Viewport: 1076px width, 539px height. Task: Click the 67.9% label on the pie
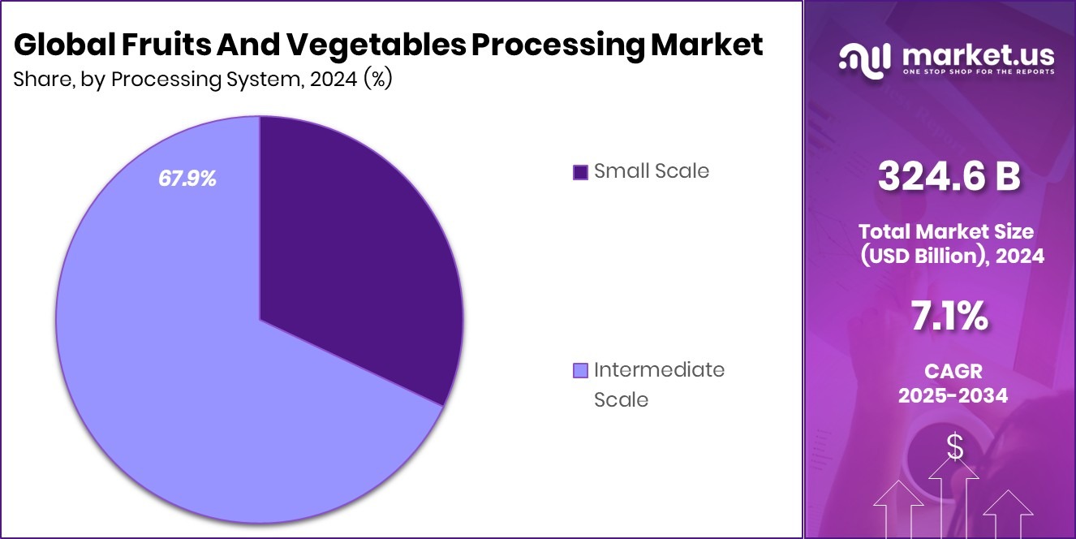[187, 179]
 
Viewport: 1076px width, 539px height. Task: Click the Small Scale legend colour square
[579, 172]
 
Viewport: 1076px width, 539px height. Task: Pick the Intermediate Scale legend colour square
[579, 371]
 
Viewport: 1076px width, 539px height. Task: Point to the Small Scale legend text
[651, 171]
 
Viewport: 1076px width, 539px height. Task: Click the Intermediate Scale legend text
[659, 384]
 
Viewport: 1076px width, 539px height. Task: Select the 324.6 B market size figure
[949, 177]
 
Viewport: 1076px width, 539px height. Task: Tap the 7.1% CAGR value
[949, 317]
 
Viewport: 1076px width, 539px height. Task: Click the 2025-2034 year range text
[953, 395]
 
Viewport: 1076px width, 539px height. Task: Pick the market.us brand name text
[977, 54]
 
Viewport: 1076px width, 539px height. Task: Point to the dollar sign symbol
[954, 447]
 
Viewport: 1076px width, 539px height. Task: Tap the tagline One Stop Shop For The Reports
[977, 72]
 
